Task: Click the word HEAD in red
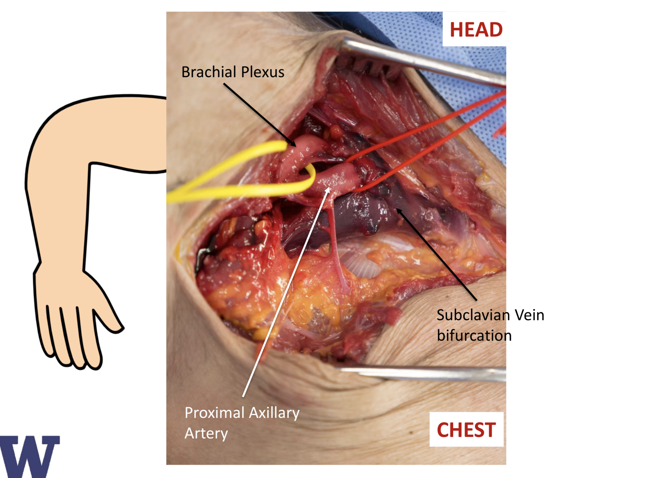476,30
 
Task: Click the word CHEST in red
466,430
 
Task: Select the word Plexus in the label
263,72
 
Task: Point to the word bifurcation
474,335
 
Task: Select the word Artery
206,433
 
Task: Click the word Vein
530,315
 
